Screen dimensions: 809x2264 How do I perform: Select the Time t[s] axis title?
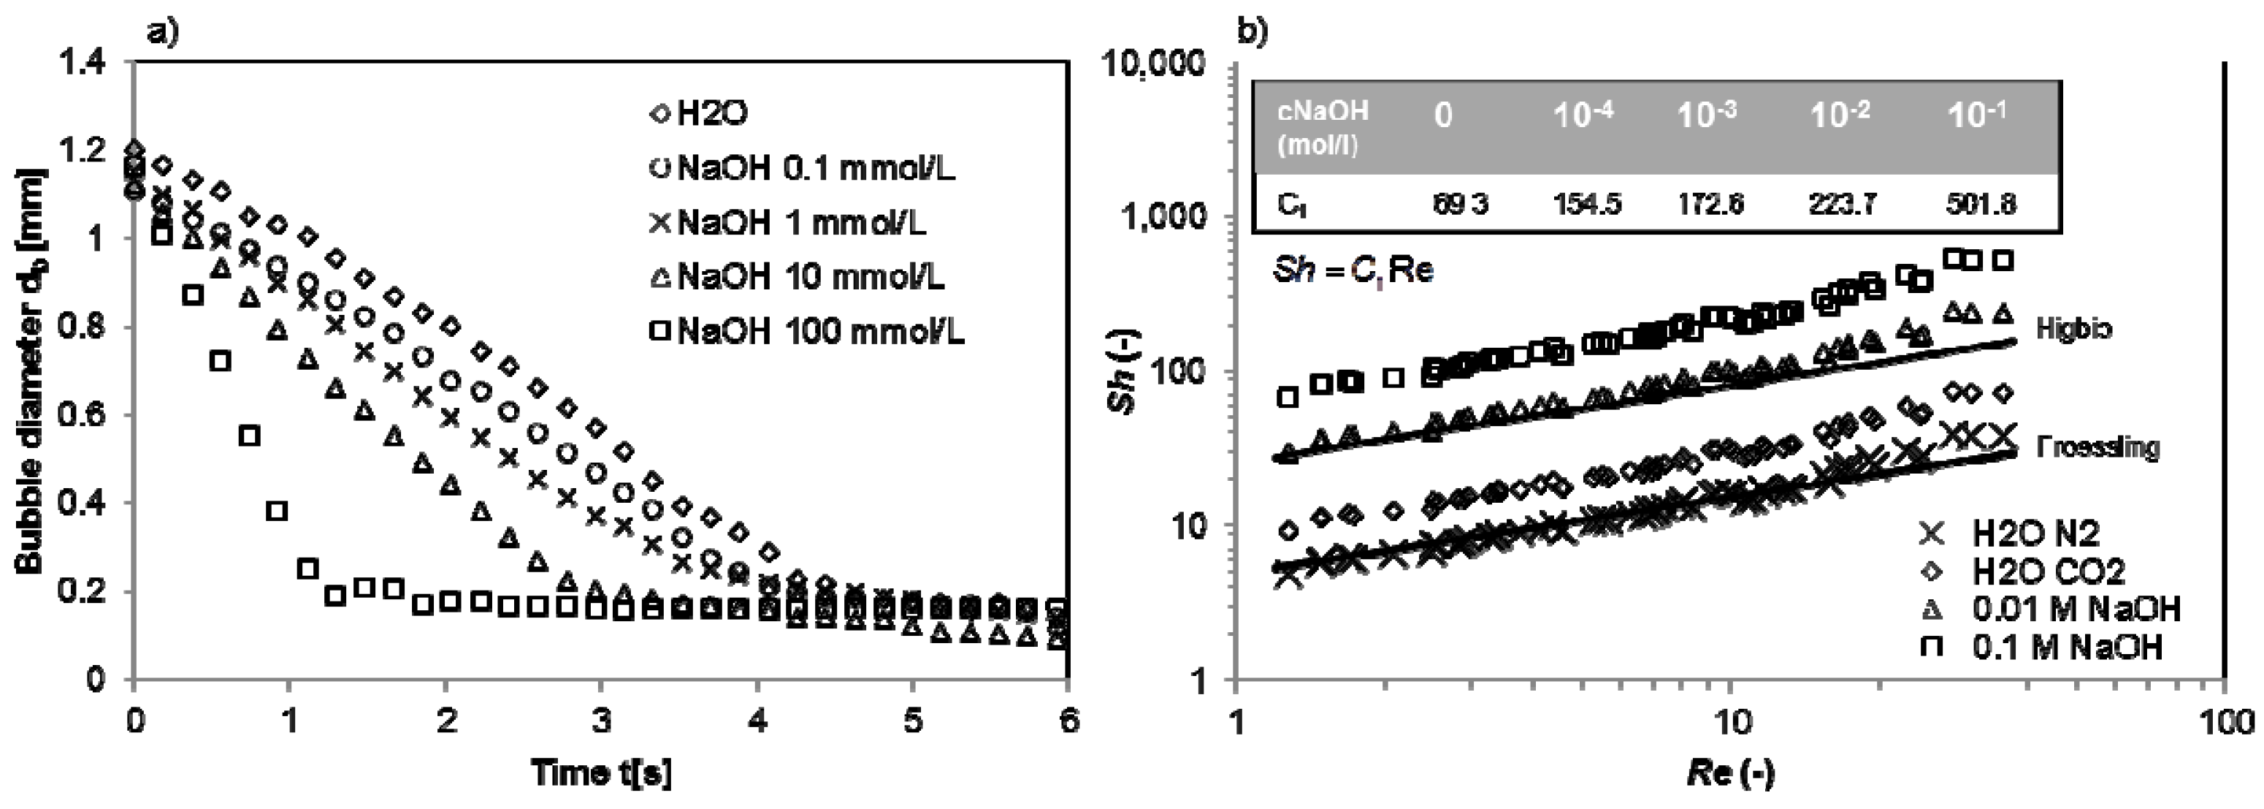point(601,774)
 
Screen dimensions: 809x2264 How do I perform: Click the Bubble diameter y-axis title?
point(31,369)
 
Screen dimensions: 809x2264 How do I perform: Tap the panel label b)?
point(1252,33)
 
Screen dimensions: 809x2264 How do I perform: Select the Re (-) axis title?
point(1729,774)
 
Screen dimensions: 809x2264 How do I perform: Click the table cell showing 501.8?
point(1980,204)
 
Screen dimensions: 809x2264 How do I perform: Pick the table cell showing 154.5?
point(1586,204)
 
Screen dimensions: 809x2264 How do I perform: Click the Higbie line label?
point(2074,329)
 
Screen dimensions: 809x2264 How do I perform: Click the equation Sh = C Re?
point(1353,270)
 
